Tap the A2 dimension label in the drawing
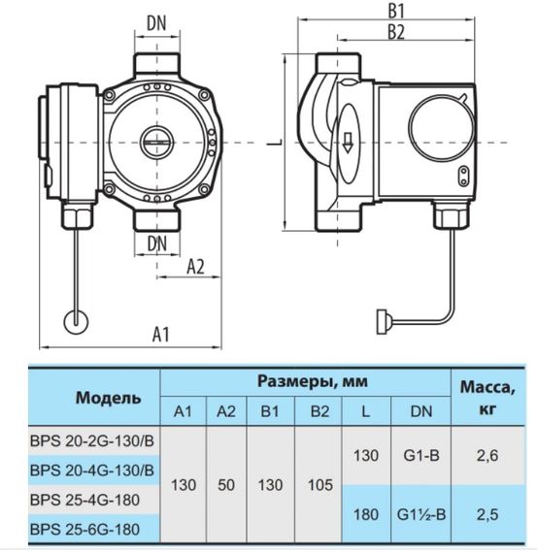click(x=194, y=266)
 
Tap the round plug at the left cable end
click(x=74, y=320)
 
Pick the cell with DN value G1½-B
click(x=421, y=514)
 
